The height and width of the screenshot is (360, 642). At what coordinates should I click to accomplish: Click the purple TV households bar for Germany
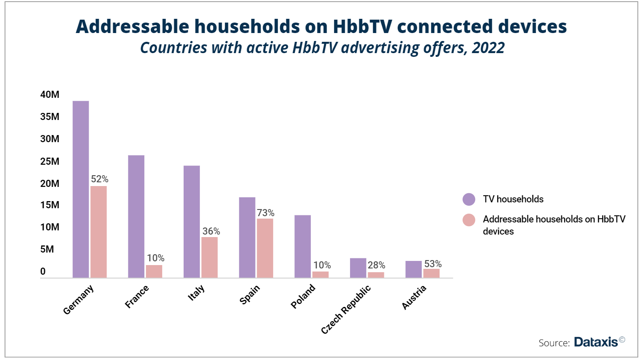(81, 189)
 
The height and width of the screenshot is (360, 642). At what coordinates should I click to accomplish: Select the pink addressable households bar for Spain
(265, 248)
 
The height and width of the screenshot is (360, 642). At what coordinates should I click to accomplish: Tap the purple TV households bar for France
(136, 216)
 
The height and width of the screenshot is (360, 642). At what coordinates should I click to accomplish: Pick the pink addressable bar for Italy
(209, 257)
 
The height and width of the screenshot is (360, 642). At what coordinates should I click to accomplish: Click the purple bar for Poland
(302, 246)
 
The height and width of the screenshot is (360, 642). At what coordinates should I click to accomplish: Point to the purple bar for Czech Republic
(358, 268)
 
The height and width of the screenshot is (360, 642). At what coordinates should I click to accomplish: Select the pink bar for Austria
(431, 273)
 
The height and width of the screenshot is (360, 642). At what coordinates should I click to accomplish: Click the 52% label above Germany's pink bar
(100, 179)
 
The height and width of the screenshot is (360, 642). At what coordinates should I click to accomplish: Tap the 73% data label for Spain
(266, 213)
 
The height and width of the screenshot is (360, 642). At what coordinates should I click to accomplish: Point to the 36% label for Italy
(211, 231)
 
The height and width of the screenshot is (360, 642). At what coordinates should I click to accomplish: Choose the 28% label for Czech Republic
(376, 265)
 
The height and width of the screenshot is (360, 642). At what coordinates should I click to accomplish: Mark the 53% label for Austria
(433, 264)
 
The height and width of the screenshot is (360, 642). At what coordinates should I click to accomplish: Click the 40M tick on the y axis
(50, 94)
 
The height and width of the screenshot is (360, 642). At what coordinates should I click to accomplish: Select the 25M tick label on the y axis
(50, 161)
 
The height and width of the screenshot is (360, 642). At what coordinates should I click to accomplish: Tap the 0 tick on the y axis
(43, 271)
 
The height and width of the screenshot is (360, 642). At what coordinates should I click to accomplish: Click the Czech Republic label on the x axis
(346, 309)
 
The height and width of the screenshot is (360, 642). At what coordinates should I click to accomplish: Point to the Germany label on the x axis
(78, 300)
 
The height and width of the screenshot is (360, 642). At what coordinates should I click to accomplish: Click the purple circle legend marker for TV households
(469, 199)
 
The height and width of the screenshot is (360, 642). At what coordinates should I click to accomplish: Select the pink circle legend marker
(469, 220)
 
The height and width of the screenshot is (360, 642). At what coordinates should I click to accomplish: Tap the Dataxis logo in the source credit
(596, 342)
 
